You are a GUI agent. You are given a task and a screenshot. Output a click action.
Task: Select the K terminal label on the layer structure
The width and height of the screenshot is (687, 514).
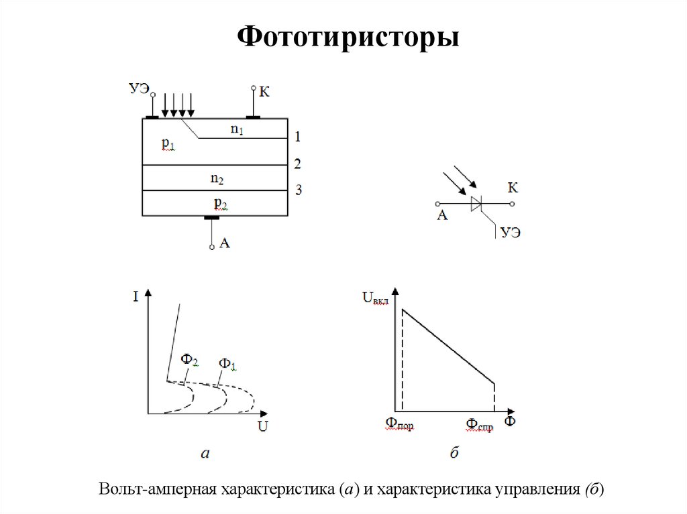pos(264,91)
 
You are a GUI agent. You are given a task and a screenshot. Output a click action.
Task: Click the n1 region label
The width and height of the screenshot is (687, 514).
pos(237,129)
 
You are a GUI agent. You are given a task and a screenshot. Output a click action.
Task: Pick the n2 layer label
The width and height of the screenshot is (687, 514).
pos(217,178)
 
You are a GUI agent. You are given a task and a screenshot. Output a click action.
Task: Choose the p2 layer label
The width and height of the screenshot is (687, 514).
pos(220,202)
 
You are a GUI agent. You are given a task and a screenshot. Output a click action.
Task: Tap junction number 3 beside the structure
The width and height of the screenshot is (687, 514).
pos(299,190)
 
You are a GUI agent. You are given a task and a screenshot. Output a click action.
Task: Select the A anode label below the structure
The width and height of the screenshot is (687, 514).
pos(225,244)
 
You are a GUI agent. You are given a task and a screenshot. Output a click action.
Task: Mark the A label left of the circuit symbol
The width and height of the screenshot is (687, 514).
pos(441,216)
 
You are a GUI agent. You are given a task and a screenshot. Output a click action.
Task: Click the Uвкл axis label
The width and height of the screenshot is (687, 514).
pos(376,297)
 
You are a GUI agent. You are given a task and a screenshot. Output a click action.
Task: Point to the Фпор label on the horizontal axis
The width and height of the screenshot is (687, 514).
pos(400,424)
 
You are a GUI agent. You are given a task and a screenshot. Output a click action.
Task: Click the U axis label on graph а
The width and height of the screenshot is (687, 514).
pos(263,425)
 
